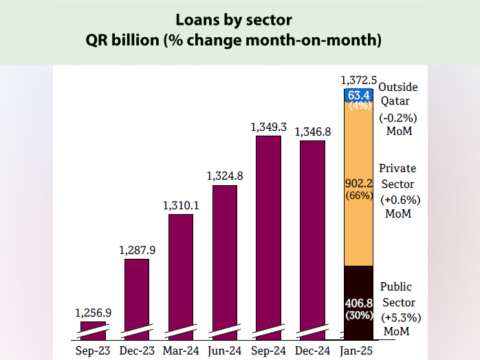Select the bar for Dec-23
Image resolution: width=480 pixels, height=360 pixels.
[137, 296]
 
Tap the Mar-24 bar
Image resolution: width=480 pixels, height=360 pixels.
[180, 275]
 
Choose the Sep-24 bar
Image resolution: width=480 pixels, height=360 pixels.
[268, 234]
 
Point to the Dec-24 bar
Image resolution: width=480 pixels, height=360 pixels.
[312, 237]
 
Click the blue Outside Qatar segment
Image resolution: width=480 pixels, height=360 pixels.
[358, 94]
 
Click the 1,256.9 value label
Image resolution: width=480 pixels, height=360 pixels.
[93, 313]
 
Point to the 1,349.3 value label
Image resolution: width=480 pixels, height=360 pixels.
[268, 127]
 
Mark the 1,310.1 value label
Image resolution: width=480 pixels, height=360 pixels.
[180, 205]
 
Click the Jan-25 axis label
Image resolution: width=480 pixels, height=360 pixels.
[358, 350]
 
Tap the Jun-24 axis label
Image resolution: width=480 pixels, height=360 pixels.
[224, 350]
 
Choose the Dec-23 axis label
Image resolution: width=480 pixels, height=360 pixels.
[137, 350]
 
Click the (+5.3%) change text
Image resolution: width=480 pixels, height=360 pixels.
[400, 318]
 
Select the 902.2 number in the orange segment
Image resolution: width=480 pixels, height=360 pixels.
[358, 184]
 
